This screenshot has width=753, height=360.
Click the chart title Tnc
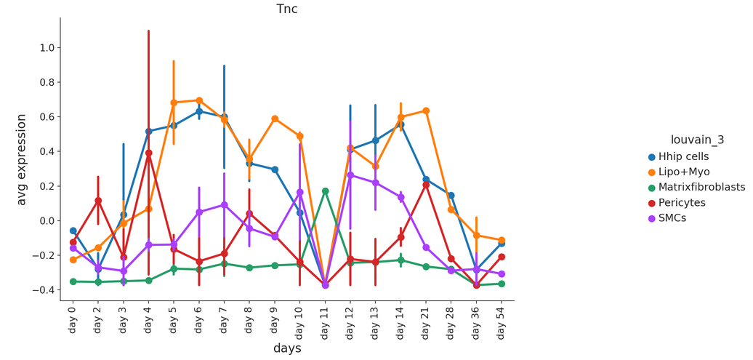(x=287, y=9)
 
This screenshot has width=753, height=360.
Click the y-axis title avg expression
(x=21, y=159)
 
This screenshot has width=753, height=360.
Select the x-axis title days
(x=287, y=348)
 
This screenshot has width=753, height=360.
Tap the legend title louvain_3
(x=697, y=140)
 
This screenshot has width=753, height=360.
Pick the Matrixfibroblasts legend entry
(x=696, y=187)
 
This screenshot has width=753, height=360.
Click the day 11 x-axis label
(x=325, y=319)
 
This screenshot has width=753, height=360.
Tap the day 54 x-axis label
(x=502, y=319)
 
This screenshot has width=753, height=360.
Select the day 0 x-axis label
(x=73, y=318)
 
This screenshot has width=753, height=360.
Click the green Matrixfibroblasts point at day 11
(x=325, y=191)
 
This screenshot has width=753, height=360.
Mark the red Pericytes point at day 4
(x=149, y=153)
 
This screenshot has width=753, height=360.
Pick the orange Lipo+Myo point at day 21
(x=425, y=111)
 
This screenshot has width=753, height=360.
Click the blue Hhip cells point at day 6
(x=199, y=111)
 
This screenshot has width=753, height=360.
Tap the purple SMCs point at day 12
(x=350, y=175)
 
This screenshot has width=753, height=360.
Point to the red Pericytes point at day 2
(x=98, y=201)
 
